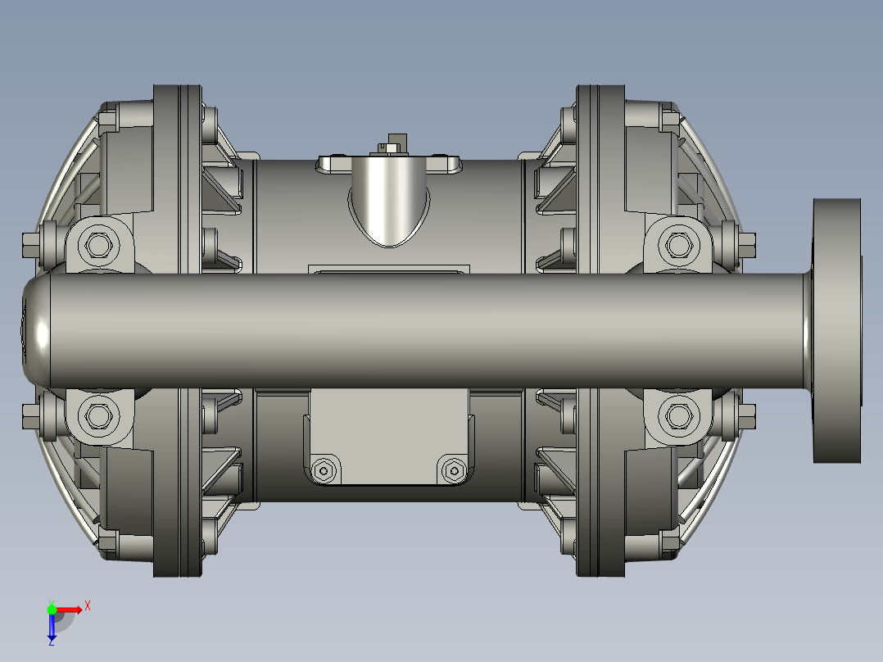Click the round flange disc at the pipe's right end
837,330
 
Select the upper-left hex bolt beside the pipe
98,245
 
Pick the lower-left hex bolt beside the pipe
98,416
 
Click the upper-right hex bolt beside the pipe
677,245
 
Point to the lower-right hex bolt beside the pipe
677,416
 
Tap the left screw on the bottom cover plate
324,471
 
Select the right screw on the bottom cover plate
452,471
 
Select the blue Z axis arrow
52,628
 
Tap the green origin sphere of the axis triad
52,609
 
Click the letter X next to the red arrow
87,605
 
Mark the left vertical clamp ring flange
177,330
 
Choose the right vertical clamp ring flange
600,330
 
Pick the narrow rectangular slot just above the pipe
389,269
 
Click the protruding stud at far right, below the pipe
747,415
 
